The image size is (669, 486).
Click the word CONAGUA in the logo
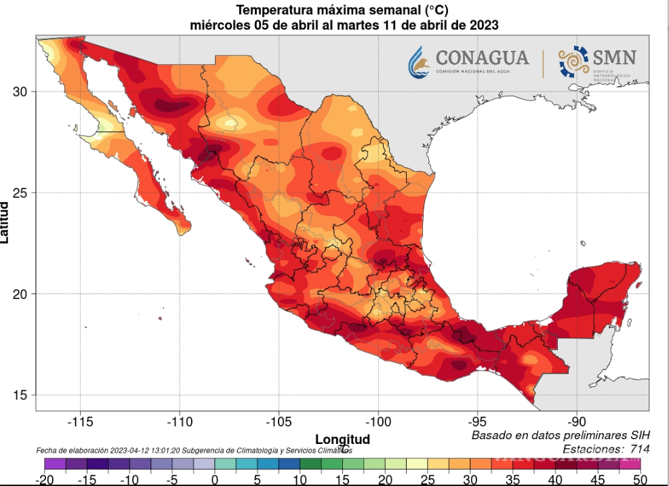tap(481, 57)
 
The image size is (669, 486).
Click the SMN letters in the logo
tap(614, 58)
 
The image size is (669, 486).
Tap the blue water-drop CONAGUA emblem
tap(418, 62)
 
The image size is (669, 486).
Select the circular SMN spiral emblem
tap(573, 62)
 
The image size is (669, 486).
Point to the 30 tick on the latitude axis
tap(20, 92)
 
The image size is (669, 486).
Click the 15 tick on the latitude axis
tap(20, 395)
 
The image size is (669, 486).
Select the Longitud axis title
tap(342, 439)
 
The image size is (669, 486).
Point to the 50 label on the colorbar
tap(639, 480)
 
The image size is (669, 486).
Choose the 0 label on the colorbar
tap(215, 480)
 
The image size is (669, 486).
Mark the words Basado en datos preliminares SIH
tap(560, 434)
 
